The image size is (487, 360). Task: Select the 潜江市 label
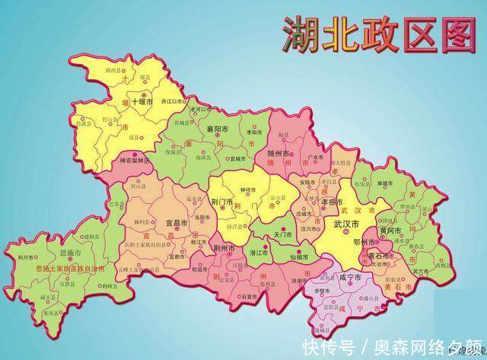[259, 252]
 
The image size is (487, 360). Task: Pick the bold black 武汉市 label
[346, 225]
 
